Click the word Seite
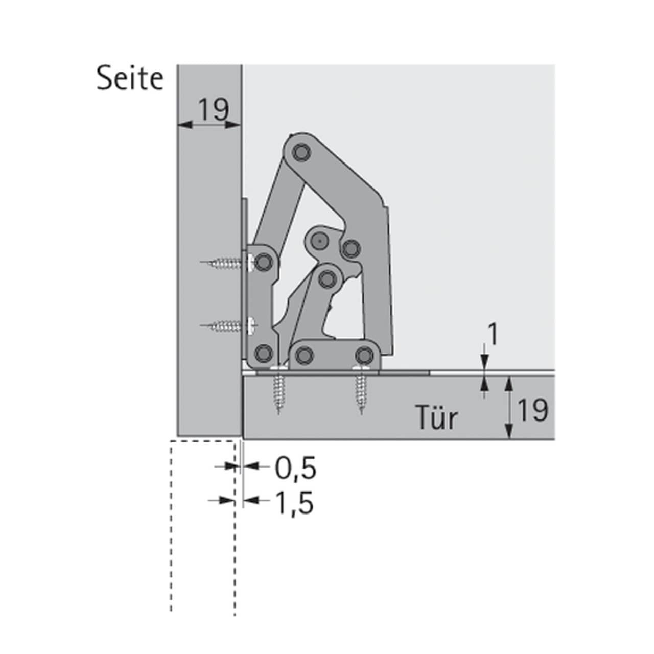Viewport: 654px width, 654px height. (x=130, y=79)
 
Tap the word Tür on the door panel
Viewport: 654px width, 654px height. (x=437, y=418)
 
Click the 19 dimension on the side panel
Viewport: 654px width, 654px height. (x=214, y=109)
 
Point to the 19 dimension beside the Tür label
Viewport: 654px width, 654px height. (x=533, y=410)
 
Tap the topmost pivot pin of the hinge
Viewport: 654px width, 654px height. (x=301, y=152)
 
